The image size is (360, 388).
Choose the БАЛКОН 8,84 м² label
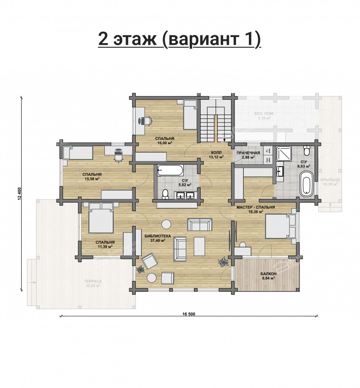268,276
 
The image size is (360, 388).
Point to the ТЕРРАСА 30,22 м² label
91,283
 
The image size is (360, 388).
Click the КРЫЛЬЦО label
330,182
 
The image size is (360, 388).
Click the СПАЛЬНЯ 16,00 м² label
164,141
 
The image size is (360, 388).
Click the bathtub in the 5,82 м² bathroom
170,171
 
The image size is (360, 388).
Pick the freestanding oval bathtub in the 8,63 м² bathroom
306,183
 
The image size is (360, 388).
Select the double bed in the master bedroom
279,226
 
